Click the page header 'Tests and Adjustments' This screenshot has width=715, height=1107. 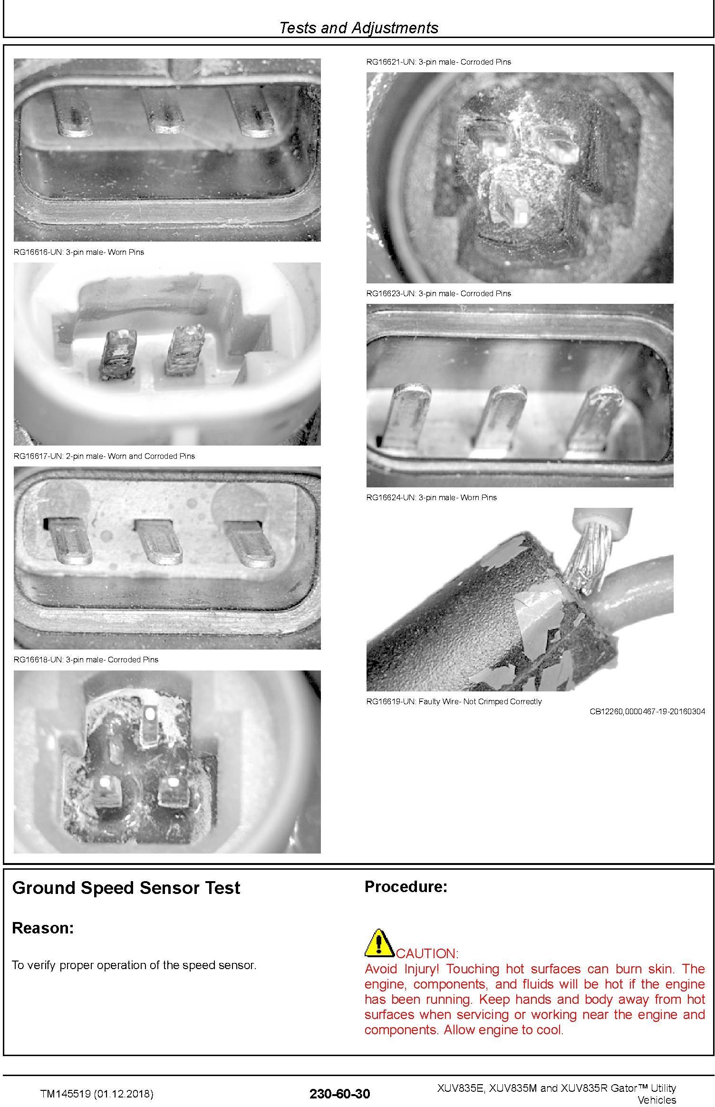tap(358, 28)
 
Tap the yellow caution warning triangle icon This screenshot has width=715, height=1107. tap(379, 943)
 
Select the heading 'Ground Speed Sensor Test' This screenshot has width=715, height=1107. tap(126, 888)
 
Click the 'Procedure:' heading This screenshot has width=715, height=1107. tap(406, 887)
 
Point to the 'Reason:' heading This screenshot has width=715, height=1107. tap(43, 928)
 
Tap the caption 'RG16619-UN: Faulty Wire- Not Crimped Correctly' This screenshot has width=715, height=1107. tap(454, 701)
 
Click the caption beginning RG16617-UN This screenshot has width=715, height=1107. tap(104, 456)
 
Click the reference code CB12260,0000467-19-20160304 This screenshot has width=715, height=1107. tap(647, 711)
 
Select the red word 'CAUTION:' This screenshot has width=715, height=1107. tap(427, 953)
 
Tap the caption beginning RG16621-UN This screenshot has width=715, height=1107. tap(438, 62)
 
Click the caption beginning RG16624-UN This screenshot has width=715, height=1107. tap(431, 497)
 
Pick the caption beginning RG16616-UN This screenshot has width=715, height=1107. tap(79, 252)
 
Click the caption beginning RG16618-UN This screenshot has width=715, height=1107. tap(86, 660)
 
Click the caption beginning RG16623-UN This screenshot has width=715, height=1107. tap(438, 293)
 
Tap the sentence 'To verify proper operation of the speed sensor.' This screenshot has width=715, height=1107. tap(134, 965)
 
